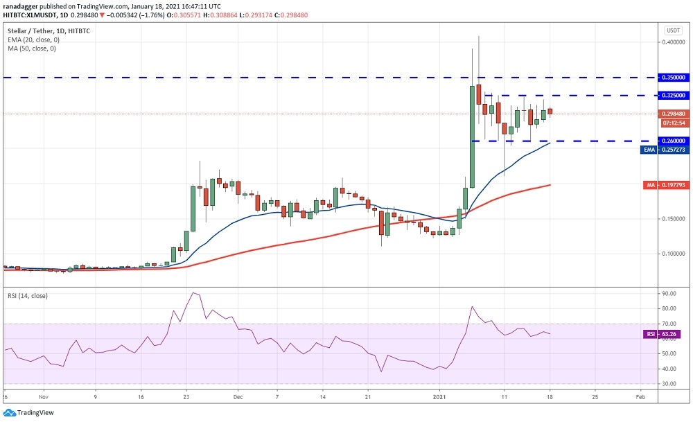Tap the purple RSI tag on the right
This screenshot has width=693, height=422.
coord(650,333)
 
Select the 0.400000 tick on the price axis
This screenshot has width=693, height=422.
coord(671,42)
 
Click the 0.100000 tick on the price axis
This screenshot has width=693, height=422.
coord(671,254)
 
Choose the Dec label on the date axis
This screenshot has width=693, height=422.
coord(238,398)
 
